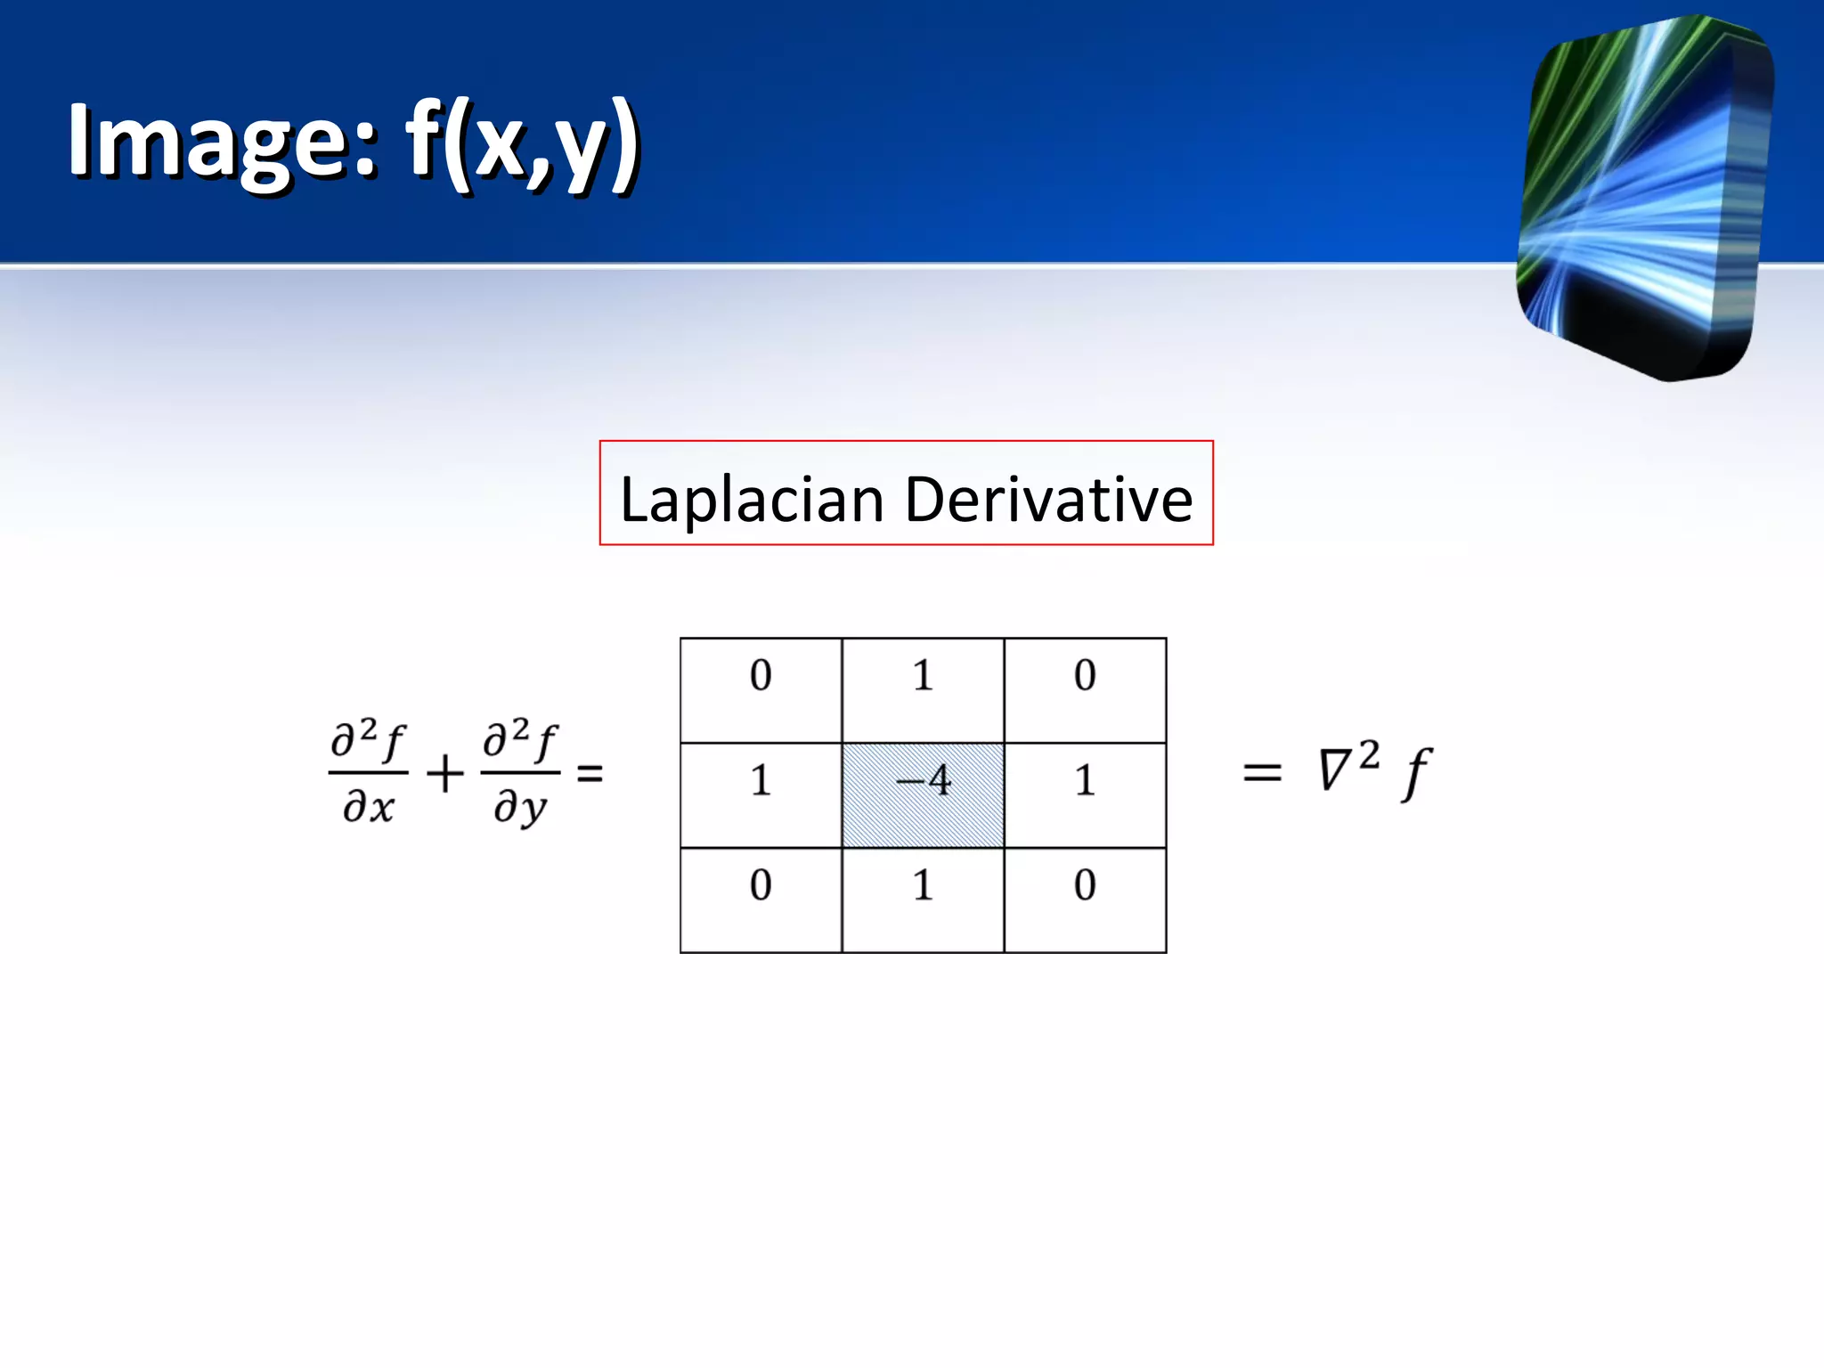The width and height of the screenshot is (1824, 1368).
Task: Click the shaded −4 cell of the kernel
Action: [923, 794]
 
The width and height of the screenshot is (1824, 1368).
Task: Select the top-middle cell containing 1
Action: [923, 690]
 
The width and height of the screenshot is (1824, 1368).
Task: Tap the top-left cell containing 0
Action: [761, 690]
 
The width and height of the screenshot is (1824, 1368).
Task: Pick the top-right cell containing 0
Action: [1085, 690]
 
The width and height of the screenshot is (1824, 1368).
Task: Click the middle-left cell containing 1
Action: [761, 794]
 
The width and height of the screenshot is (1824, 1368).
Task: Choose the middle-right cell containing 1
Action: [1085, 794]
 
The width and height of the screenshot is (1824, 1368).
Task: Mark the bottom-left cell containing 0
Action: [761, 900]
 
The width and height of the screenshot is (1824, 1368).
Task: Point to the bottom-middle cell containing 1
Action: [923, 900]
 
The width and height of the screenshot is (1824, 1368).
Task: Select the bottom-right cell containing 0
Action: [1085, 900]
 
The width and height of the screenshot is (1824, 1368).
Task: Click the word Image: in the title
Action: [223, 141]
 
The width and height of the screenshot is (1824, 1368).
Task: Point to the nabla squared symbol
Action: [1348, 766]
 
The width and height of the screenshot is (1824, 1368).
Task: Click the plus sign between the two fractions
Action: [444, 772]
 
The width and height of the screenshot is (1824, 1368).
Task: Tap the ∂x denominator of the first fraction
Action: [368, 807]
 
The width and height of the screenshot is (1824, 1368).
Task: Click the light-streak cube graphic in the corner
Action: [1643, 196]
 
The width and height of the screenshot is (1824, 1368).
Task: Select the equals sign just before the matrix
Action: [590, 772]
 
